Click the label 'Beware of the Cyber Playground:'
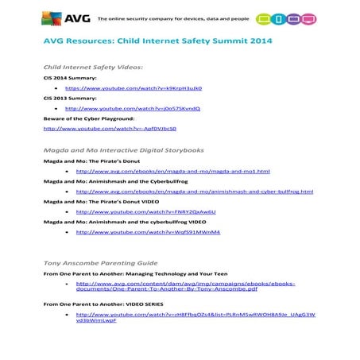88,118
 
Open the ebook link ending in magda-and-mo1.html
167,171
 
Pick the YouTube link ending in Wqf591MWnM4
136,232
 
